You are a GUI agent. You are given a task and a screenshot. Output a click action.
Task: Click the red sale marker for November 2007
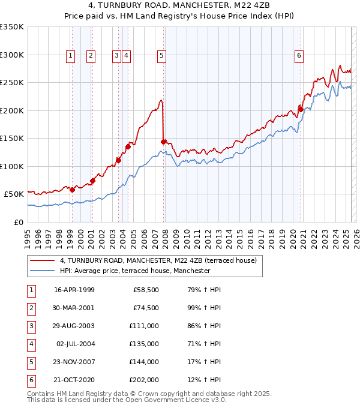163,142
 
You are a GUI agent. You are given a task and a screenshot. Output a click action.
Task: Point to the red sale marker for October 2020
301,109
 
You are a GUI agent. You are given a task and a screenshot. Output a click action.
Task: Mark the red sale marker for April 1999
72,190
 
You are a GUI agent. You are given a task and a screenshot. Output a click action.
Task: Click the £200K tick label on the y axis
11,110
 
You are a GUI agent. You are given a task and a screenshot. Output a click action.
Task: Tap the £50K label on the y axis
14,194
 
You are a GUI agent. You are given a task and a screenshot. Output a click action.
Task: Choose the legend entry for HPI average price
135,271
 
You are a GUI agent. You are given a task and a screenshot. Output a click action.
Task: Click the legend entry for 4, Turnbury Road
158,260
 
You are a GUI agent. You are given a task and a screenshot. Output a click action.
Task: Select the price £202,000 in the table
145,379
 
